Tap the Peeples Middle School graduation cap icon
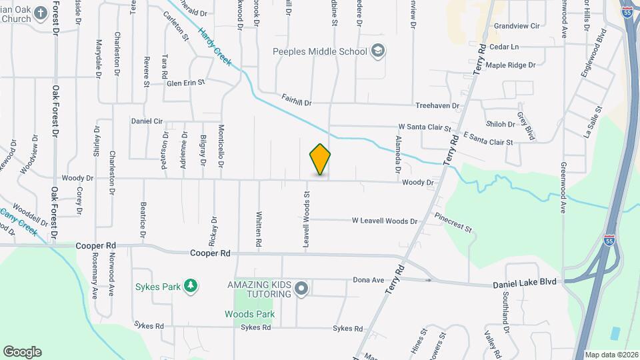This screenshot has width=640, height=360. coord(378,51)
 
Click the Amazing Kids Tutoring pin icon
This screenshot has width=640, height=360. coord(301,289)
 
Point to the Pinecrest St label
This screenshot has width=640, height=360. coord(453,223)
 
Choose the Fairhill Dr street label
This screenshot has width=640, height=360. coord(296,100)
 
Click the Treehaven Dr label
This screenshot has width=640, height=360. coord(437,105)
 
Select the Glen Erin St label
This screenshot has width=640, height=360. coord(186,83)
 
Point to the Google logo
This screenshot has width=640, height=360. coord(22,352)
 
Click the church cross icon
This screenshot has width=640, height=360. coord(41,13)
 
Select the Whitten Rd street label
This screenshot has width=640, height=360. coord(258,227)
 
